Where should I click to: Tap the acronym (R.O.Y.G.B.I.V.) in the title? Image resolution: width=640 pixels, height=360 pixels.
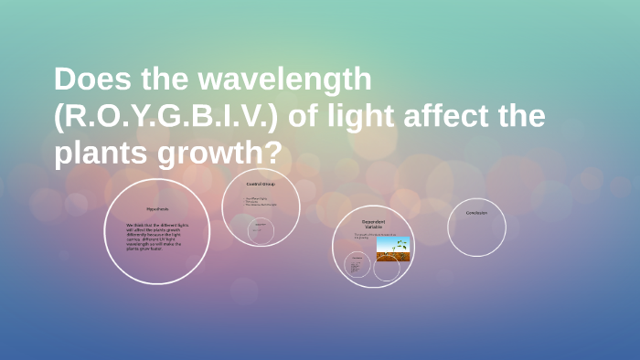click(173, 117)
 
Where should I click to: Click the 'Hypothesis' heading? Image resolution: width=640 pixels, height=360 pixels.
click(158, 208)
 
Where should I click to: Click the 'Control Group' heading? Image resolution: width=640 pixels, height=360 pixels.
click(260, 184)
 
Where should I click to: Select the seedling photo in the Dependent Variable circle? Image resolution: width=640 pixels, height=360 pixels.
click(393, 249)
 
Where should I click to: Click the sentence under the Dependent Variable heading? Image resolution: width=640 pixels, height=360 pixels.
click(366, 235)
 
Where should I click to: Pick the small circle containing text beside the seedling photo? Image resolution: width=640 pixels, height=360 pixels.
click(357, 265)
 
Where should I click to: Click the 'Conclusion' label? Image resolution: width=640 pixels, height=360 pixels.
click(476, 213)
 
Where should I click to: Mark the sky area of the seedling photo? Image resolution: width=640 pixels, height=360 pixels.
click(393, 242)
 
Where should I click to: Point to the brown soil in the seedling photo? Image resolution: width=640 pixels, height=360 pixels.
click(393, 257)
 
